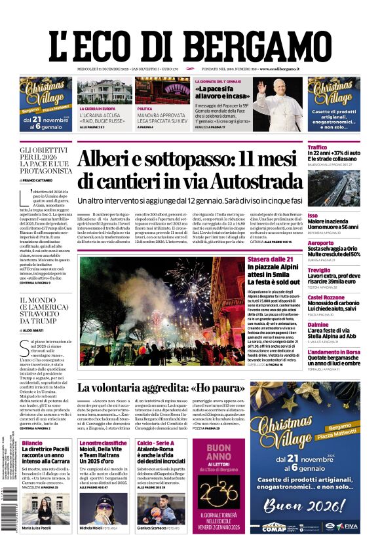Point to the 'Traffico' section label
(x=317, y=147)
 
